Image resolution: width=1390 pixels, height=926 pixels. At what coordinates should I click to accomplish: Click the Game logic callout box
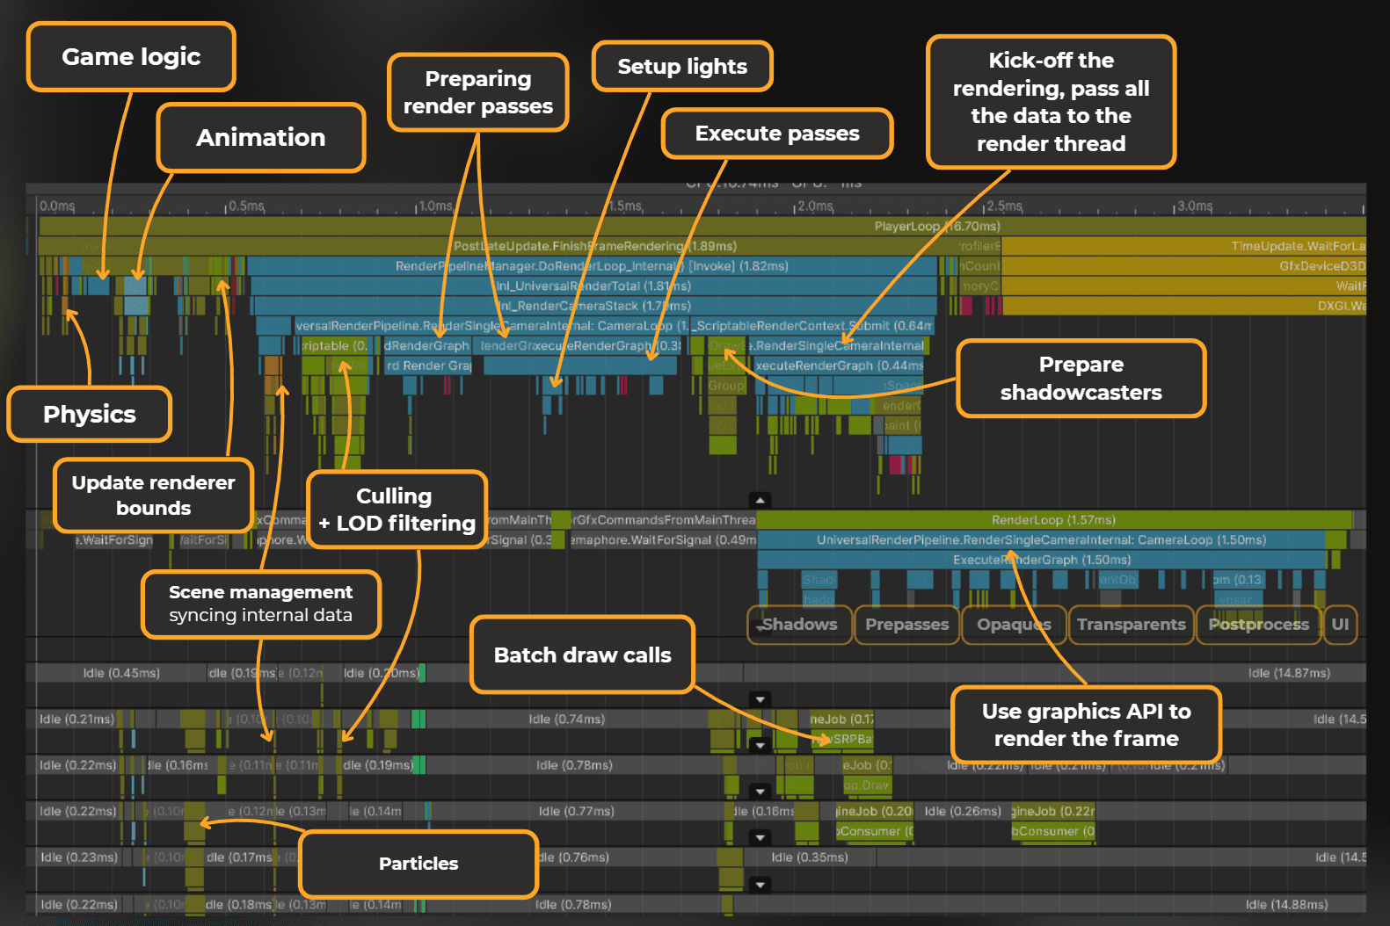click(x=131, y=57)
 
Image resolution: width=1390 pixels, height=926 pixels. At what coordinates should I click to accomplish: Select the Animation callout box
click(x=260, y=138)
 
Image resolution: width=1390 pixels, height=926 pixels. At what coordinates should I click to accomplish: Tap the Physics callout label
click(x=89, y=414)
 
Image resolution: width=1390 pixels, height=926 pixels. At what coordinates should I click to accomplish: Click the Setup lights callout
click(x=682, y=67)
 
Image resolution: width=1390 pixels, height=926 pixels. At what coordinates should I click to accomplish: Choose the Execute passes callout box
click(x=777, y=134)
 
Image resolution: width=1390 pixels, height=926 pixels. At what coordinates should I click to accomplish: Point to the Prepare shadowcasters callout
click(x=1081, y=379)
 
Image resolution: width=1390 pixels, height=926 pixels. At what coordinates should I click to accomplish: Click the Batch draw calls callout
click(x=582, y=655)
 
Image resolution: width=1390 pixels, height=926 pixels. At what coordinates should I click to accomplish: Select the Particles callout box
click(x=418, y=864)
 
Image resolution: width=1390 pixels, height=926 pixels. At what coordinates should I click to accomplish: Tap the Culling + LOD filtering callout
click(x=397, y=510)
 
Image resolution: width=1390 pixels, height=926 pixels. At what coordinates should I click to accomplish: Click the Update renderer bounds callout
click(x=153, y=496)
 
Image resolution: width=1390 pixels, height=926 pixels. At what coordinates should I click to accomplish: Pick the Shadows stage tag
click(x=799, y=625)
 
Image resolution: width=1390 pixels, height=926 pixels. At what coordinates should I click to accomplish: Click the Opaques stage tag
click(x=1014, y=625)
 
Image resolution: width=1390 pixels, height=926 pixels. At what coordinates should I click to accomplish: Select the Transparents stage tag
click(x=1131, y=625)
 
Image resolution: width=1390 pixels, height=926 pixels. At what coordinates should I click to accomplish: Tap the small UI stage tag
click(x=1340, y=625)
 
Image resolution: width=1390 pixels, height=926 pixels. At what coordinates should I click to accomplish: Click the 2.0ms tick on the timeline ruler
click(x=814, y=206)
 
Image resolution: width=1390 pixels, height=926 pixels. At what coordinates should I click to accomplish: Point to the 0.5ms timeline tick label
click(x=245, y=206)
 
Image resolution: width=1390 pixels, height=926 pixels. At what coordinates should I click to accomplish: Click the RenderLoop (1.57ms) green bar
click(x=1053, y=520)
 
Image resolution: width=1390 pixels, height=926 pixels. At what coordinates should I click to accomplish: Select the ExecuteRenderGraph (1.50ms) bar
click(x=1042, y=560)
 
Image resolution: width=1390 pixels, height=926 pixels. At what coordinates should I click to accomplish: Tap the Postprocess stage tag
click(x=1258, y=625)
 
